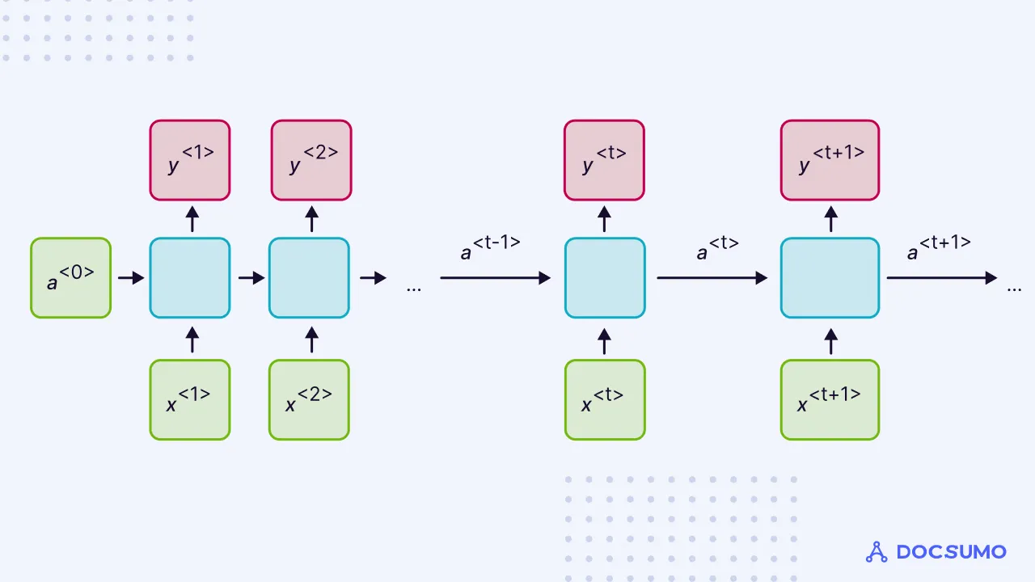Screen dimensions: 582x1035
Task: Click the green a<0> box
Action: point(70,277)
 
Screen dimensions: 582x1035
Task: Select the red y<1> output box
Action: point(190,160)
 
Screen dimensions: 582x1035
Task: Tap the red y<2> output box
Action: point(311,160)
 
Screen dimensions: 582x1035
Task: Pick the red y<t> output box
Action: point(604,160)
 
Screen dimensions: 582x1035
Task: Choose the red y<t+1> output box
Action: point(830,160)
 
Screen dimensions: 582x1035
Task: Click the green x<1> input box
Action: point(190,399)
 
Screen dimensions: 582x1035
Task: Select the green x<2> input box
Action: point(309,399)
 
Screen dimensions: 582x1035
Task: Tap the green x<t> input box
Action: point(605,399)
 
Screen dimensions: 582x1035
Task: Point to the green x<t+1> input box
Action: point(830,399)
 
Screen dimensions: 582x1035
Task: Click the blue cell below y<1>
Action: point(190,277)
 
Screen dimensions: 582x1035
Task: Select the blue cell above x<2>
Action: point(309,277)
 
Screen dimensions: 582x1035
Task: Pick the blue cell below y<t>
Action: point(605,277)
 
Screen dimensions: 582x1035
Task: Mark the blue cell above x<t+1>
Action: point(830,277)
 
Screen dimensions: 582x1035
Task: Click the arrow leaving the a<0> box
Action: point(130,278)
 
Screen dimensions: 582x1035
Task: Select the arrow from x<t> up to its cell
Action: point(605,340)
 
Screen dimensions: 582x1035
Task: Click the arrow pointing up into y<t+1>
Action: point(830,219)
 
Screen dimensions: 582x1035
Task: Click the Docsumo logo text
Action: point(951,552)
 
